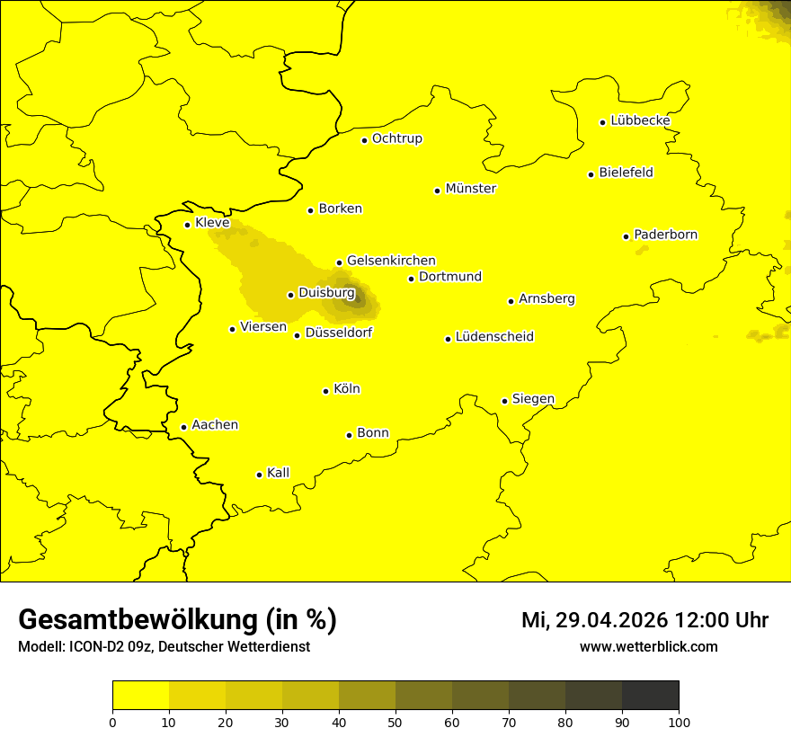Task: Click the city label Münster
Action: (x=470, y=189)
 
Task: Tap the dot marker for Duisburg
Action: (x=290, y=295)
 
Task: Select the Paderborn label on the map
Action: (x=665, y=235)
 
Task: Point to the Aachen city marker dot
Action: (x=183, y=427)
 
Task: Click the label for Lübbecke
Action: (x=640, y=120)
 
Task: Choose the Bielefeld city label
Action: (x=626, y=173)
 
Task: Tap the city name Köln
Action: (x=346, y=389)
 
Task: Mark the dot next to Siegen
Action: (x=504, y=401)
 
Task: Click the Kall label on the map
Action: (x=278, y=473)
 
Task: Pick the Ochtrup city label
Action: (x=396, y=138)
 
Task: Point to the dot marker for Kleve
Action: (x=187, y=225)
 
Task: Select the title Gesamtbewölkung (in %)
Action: (x=177, y=619)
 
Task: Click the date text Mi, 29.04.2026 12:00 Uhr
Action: (x=644, y=620)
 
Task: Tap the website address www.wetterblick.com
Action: (x=648, y=646)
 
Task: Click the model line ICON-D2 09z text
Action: (x=164, y=646)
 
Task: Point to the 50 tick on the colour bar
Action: (x=395, y=721)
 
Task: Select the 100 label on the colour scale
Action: (x=679, y=721)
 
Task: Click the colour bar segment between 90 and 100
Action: (x=650, y=696)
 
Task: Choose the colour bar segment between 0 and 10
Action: (x=140, y=696)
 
